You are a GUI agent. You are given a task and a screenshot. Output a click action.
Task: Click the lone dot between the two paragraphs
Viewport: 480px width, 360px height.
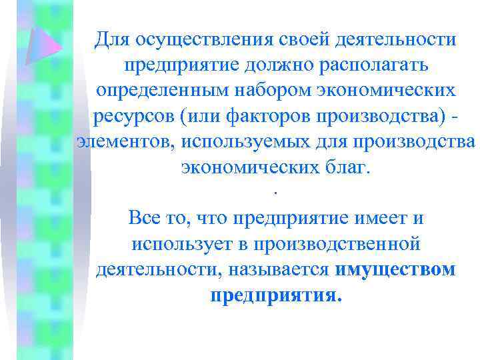(274, 194)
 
